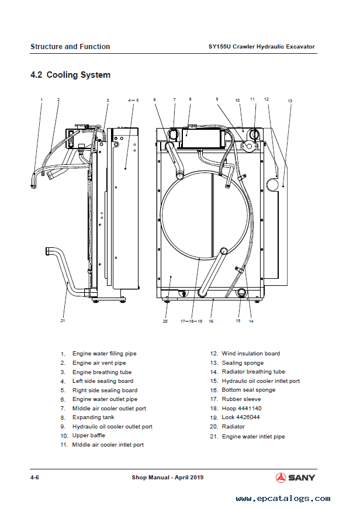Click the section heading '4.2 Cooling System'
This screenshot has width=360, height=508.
[70, 75]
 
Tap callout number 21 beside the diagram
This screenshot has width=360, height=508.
[63, 320]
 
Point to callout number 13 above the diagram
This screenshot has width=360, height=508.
[290, 101]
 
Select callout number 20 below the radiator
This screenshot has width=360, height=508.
[165, 321]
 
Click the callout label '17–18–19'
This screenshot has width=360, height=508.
[191, 321]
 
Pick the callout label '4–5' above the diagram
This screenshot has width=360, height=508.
[133, 101]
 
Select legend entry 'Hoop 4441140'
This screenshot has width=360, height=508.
[241, 408]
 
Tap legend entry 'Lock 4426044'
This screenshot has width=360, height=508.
[240, 417]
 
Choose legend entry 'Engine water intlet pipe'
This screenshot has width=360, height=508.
[253, 437]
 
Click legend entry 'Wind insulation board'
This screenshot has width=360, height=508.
[250, 353]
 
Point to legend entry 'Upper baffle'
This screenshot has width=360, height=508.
[89, 436]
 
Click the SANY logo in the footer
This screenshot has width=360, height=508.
[295, 478]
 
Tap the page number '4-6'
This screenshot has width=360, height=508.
[34, 478]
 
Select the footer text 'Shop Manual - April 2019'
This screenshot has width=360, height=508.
[168, 478]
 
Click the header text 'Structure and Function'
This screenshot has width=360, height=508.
[70, 47]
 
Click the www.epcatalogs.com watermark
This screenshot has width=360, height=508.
[283, 499]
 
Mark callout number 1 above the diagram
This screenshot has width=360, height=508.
[41, 100]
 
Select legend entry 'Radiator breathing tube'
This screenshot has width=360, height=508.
[253, 371]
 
